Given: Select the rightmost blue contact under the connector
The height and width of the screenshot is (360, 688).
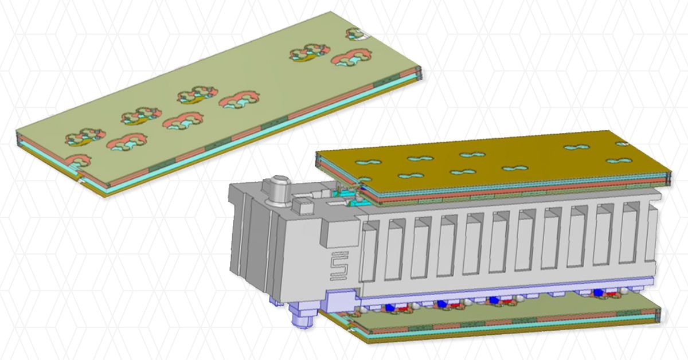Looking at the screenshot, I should point(599,292).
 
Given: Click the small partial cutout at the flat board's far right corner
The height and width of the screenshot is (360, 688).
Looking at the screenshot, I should point(357,34).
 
